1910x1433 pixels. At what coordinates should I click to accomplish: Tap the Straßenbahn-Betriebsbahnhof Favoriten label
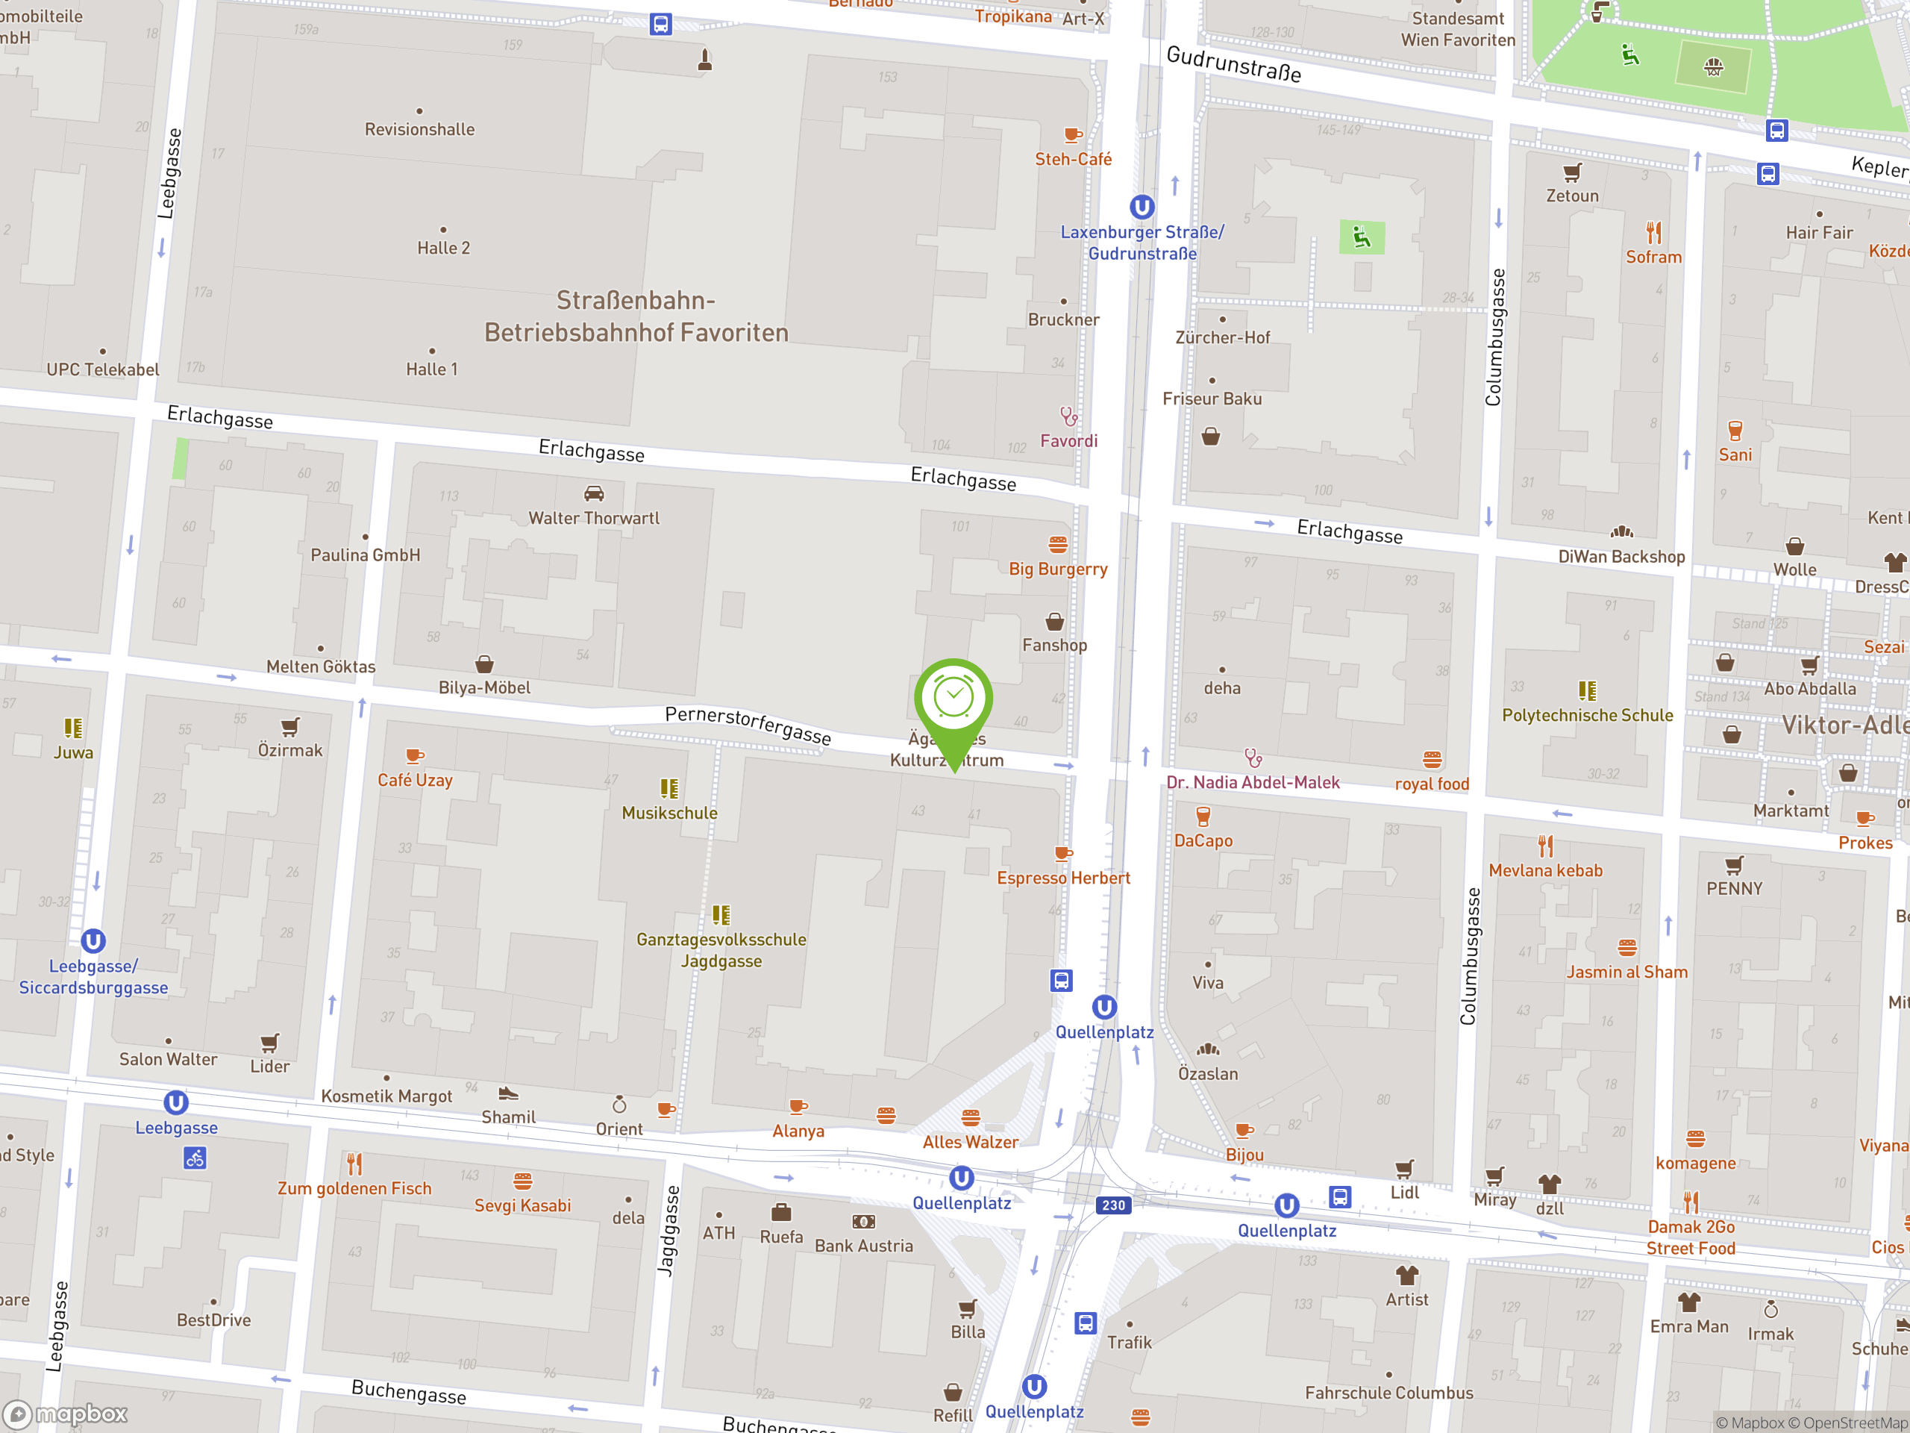click(636, 316)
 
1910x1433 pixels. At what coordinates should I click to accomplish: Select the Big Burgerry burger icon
click(1058, 544)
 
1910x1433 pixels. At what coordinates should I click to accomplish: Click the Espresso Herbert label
click(1063, 878)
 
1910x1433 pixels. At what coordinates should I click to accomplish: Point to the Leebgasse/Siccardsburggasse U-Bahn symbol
click(93, 940)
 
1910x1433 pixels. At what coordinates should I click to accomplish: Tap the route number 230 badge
click(1113, 1205)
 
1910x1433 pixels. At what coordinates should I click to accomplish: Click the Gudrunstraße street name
click(1233, 64)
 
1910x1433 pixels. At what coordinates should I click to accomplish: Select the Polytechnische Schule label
click(1587, 715)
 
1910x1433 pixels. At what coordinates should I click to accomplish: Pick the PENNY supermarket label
click(1734, 888)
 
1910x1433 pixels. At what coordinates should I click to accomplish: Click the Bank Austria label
click(863, 1246)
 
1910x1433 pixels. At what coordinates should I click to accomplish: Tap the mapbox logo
click(66, 1414)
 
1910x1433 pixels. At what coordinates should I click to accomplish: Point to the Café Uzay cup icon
click(415, 756)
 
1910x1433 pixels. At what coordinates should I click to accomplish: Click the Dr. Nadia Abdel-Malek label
click(1252, 783)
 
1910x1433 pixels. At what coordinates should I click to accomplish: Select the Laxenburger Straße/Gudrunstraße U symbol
click(1142, 207)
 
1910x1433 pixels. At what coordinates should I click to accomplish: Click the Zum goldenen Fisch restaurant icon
click(354, 1164)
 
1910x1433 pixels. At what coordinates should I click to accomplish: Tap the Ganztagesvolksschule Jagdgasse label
click(721, 950)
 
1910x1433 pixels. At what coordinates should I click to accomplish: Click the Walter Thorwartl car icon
click(593, 493)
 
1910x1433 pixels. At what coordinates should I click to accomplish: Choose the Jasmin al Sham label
click(1626, 972)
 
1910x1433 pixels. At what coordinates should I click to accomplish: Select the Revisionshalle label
click(419, 130)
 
